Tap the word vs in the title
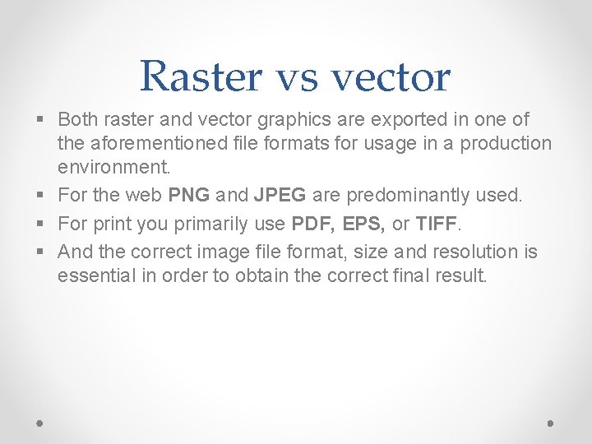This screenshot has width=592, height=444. tap(303, 76)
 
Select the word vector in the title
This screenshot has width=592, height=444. tap(391, 76)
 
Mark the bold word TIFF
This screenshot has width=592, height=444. tap(438, 224)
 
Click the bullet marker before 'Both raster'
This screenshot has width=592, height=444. tap(42, 120)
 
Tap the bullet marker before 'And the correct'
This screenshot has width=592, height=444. tap(42, 252)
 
